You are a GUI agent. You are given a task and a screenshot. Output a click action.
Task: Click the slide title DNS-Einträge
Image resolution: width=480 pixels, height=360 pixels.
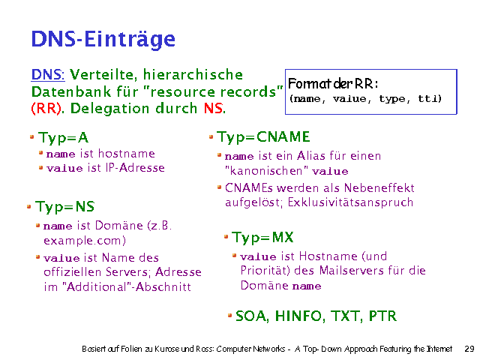click(103, 39)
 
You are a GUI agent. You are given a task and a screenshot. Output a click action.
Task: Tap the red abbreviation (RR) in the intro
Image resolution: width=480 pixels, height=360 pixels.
click(43, 109)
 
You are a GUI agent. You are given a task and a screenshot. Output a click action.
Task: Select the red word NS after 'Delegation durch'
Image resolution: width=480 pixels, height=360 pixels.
click(213, 109)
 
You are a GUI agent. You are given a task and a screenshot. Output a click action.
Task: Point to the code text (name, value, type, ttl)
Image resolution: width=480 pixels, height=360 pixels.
click(365, 99)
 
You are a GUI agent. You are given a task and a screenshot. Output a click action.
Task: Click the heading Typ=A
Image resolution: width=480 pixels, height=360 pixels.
click(64, 138)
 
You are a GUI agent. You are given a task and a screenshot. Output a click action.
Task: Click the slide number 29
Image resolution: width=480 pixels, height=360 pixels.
click(469, 349)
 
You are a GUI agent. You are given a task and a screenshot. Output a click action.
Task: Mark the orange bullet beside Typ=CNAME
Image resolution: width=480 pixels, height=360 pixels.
click(212, 137)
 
